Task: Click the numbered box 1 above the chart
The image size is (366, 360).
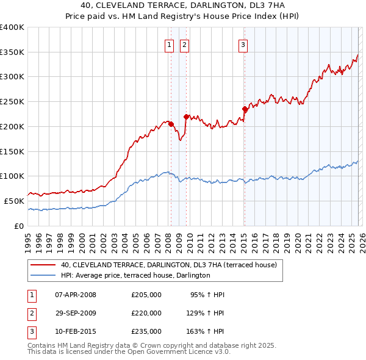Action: [x=168, y=44]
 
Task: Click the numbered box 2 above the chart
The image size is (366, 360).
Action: [x=184, y=44]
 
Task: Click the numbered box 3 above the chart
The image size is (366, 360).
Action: [x=243, y=44]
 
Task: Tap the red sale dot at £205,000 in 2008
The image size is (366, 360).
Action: [x=171, y=124]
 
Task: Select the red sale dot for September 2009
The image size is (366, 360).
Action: [x=186, y=117]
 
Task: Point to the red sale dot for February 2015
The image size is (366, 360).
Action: [x=245, y=109]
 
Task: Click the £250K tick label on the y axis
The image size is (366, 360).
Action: [x=12, y=102]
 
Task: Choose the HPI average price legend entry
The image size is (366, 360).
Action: [x=135, y=275]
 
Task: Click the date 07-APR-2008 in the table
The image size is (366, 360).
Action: [x=76, y=295]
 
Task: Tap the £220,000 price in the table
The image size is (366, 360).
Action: [x=146, y=313]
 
